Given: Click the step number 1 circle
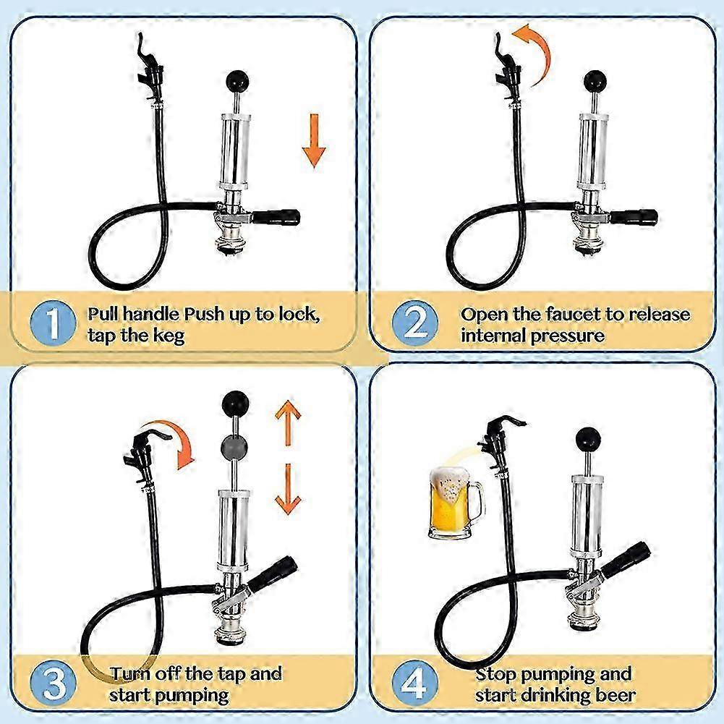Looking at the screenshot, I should pyautogui.click(x=54, y=324).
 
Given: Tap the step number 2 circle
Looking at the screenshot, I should pyautogui.click(x=414, y=324).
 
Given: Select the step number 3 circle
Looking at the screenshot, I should pyautogui.click(x=54, y=683).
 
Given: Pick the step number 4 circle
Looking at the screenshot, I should pyautogui.click(x=414, y=683).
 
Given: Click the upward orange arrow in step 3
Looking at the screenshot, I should pyautogui.click(x=287, y=422).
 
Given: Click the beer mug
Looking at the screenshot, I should pyautogui.click(x=452, y=503).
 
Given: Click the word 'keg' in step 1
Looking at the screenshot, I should pyautogui.click(x=172, y=335).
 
